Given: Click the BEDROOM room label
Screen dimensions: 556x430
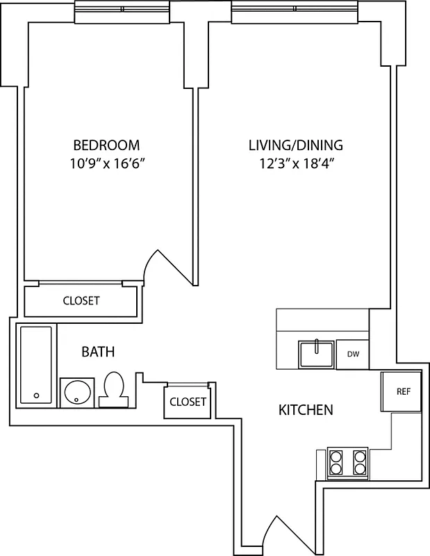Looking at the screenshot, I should (106, 145).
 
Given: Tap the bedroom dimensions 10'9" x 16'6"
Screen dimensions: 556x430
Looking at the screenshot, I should (106, 164).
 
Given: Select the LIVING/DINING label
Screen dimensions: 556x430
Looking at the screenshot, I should (296, 145).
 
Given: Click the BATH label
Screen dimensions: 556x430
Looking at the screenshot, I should (98, 352).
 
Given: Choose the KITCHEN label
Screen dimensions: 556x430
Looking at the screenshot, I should (306, 410).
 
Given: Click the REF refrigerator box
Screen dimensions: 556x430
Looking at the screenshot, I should (403, 391).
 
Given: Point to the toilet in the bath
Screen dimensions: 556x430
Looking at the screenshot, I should (114, 389).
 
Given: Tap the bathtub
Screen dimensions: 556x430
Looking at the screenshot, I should (35, 364).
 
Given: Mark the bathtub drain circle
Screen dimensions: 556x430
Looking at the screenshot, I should (36, 395).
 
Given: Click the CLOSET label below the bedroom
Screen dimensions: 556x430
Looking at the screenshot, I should (81, 301).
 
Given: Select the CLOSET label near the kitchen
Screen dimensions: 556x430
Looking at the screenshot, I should (188, 402).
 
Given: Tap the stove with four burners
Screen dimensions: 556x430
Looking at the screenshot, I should (347, 464).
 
